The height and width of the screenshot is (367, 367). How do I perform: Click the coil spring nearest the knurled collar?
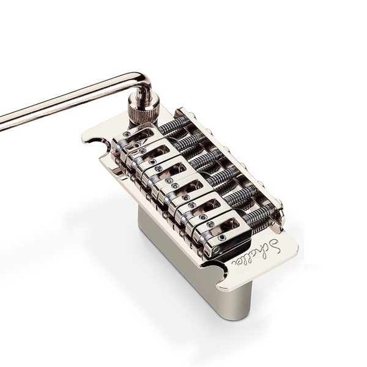[x=177, y=128]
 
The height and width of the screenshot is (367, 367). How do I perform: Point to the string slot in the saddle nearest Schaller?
[x=228, y=224]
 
